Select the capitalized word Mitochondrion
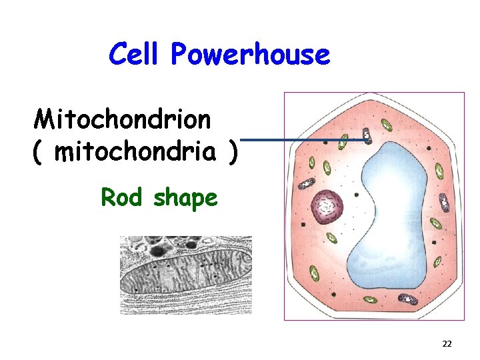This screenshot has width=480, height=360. click(123, 120)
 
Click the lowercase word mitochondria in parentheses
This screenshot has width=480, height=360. click(136, 153)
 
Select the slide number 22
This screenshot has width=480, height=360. click(447, 344)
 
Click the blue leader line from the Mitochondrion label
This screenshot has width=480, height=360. click(300, 140)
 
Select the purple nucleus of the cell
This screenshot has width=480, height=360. click(327, 206)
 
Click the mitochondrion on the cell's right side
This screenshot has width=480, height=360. click(437, 224)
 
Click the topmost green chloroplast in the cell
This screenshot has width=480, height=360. click(386, 124)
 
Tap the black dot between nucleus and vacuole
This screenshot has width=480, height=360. click(357, 195)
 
